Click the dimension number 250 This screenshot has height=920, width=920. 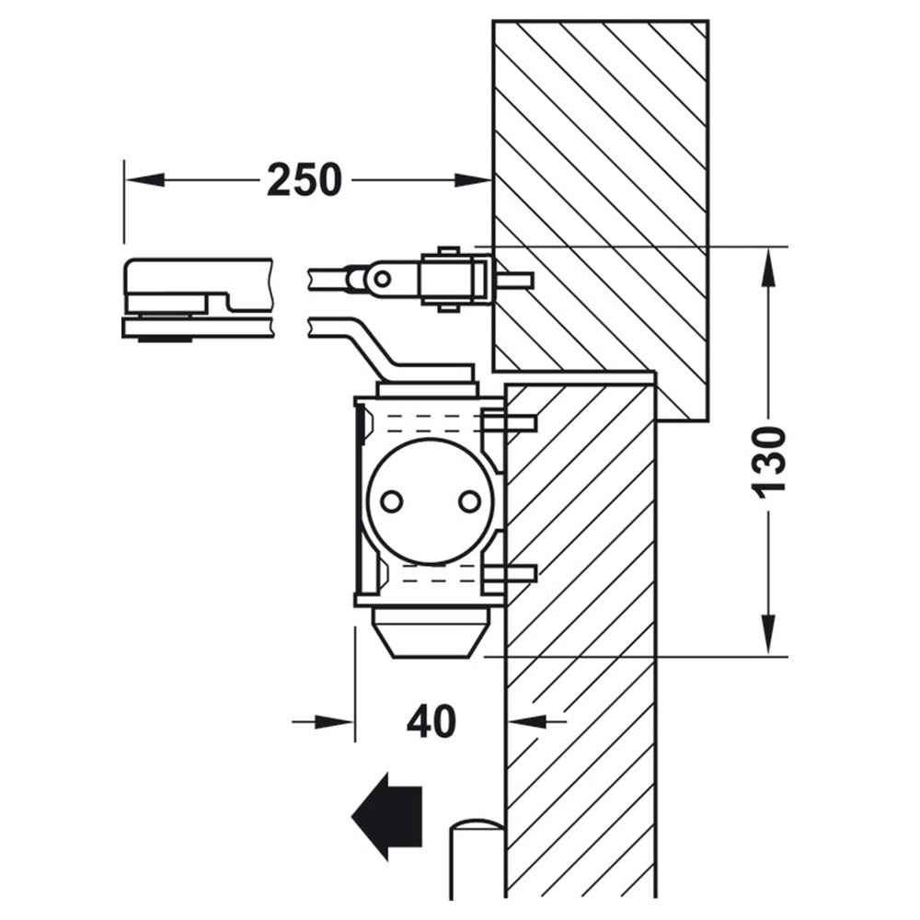tap(304, 179)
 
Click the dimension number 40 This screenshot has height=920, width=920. tap(431, 720)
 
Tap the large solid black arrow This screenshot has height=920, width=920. tap(386, 815)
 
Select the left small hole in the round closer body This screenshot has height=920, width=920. tap(391, 501)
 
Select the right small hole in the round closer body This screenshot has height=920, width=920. tap(469, 501)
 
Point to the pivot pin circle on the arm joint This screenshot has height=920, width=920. tap(382, 278)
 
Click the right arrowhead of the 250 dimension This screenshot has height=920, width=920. tap(473, 179)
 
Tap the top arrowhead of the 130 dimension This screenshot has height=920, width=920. tap(768, 267)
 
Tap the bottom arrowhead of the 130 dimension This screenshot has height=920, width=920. tap(768, 635)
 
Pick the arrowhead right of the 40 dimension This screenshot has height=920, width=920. tap(526, 721)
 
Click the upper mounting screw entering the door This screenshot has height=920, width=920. tap(508, 422)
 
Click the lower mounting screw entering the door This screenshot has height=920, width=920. tap(510, 573)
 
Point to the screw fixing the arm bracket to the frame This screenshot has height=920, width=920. tap(513, 281)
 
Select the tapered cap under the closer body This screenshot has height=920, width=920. tap(430, 633)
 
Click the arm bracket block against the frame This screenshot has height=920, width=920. tap(455, 279)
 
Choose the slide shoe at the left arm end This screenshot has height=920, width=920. tap(197, 299)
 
